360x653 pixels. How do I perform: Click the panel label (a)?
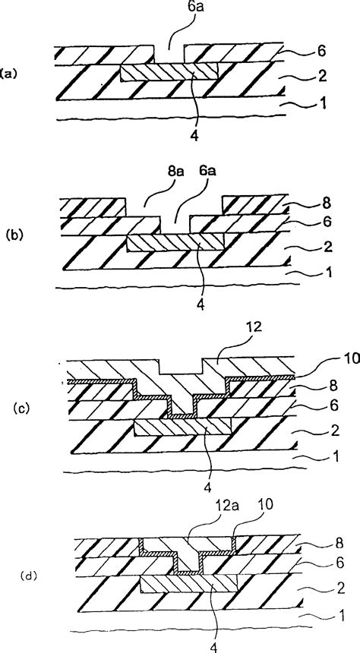[x=8, y=74]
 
